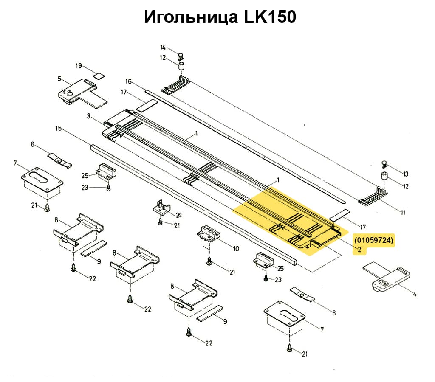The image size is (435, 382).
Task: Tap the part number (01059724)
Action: click(374, 240)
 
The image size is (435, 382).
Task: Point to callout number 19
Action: click(79, 66)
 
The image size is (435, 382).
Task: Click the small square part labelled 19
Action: click(99, 76)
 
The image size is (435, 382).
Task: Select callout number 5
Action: click(59, 79)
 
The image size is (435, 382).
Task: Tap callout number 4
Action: click(415, 293)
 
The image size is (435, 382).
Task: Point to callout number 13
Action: click(405, 174)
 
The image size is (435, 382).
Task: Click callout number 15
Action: click(59, 128)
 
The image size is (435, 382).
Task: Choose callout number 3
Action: click(88, 116)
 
